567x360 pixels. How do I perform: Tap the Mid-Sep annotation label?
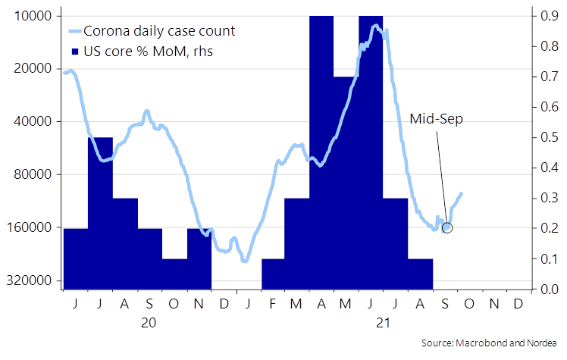(436, 119)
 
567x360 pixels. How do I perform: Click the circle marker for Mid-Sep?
(446, 227)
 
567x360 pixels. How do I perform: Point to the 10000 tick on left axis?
(36, 16)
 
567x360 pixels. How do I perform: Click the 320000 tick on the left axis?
(33, 280)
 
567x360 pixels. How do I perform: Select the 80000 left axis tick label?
(36, 174)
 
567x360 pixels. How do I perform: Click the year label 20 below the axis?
(149, 323)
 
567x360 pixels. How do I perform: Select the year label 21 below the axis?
(383, 323)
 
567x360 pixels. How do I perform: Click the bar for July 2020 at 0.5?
(100, 212)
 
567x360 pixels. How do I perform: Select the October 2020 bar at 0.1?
(174, 274)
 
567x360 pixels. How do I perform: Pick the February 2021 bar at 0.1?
(273, 274)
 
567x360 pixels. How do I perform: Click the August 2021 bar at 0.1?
(420, 274)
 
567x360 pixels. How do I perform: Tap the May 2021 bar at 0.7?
(346, 182)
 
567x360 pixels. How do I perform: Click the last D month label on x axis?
(518, 303)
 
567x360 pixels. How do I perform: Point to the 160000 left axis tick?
(33, 227)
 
